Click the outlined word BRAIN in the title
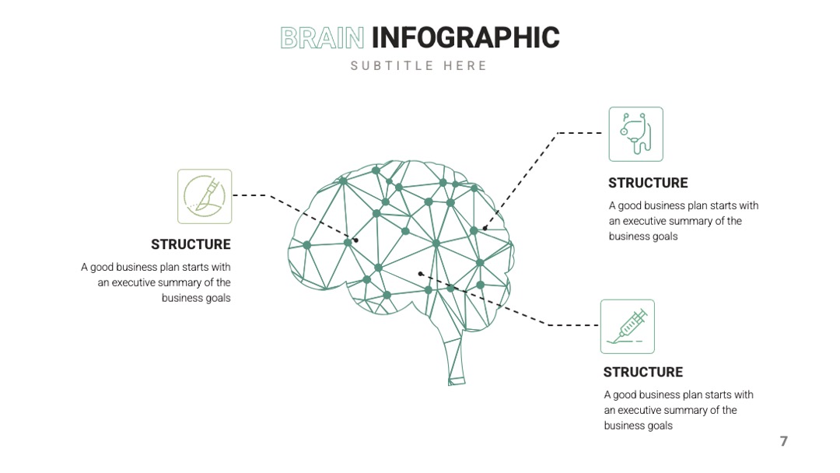pos(322,38)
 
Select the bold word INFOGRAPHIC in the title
pos(466,37)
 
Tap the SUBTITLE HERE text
pos(419,66)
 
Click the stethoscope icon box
pos(636,134)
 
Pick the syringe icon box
pos(628,327)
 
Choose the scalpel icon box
pos(205,197)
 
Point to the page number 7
pos(784,441)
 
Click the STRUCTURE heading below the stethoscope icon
pos(648,183)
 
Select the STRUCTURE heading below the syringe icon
pos(643,373)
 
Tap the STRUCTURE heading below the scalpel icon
pos(191,244)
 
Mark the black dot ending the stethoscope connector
pos(485,228)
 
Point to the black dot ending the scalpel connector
pos(355,240)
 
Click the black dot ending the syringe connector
pos(421,274)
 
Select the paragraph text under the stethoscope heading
pos(684,221)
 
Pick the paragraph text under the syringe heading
pos(679,410)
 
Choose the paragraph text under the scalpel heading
pos(156,282)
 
